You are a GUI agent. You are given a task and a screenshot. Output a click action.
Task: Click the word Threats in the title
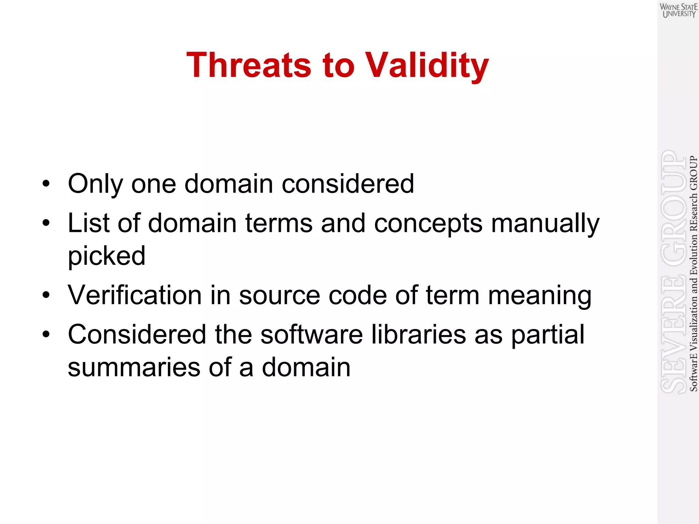click(x=249, y=65)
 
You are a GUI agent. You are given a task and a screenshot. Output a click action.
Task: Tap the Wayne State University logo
click(x=678, y=10)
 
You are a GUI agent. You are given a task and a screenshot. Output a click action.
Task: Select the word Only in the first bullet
click(x=95, y=184)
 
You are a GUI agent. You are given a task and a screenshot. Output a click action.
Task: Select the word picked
click(x=106, y=256)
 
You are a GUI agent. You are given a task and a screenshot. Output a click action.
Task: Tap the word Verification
click(x=135, y=295)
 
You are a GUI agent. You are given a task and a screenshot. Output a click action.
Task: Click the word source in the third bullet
click(x=279, y=295)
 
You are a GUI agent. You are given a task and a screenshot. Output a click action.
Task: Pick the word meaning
click(x=540, y=296)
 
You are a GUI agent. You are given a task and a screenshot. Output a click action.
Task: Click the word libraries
click(x=418, y=334)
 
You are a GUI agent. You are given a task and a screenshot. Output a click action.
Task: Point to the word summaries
click(x=134, y=368)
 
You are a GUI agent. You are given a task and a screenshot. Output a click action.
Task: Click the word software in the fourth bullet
click(x=311, y=334)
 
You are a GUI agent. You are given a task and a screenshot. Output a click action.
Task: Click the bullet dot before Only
click(x=46, y=184)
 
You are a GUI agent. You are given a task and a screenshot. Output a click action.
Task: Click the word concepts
click(x=428, y=224)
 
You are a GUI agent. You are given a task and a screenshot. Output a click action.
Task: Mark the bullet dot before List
click(x=46, y=223)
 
